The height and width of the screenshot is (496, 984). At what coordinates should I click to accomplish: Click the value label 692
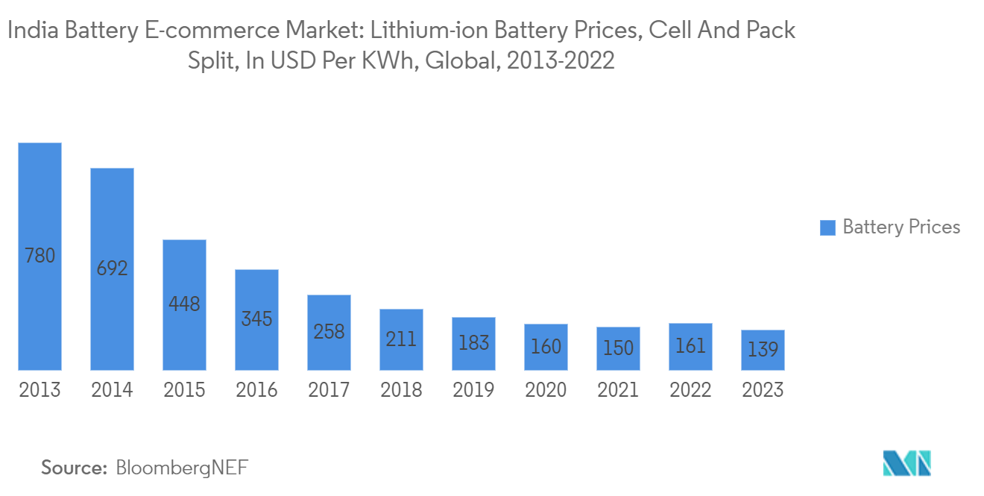click(112, 268)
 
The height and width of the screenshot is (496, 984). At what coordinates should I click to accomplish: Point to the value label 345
click(256, 320)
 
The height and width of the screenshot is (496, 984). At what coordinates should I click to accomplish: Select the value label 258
click(329, 332)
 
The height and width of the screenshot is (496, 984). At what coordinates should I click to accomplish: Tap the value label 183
click(473, 343)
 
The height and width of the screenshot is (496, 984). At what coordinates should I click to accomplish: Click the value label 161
click(690, 346)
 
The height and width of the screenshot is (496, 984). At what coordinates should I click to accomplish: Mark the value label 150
click(618, 348)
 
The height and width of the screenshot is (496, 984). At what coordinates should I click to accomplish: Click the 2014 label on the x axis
click(112, 390)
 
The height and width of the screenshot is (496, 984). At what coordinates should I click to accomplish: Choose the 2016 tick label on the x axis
click(256, 390)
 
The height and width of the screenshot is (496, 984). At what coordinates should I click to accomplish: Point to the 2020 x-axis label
click(546, 390)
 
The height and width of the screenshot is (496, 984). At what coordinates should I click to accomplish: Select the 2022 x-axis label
click(690, 390)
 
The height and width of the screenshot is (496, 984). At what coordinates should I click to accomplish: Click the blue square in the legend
click(827, 228)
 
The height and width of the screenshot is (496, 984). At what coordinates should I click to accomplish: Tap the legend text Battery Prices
click(901, 227)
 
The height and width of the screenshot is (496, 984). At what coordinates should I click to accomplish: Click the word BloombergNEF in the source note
click(182, 468)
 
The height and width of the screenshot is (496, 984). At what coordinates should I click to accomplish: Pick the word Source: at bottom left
click(75, 468)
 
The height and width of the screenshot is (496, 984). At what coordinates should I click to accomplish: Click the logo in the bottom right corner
click(906, 464)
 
